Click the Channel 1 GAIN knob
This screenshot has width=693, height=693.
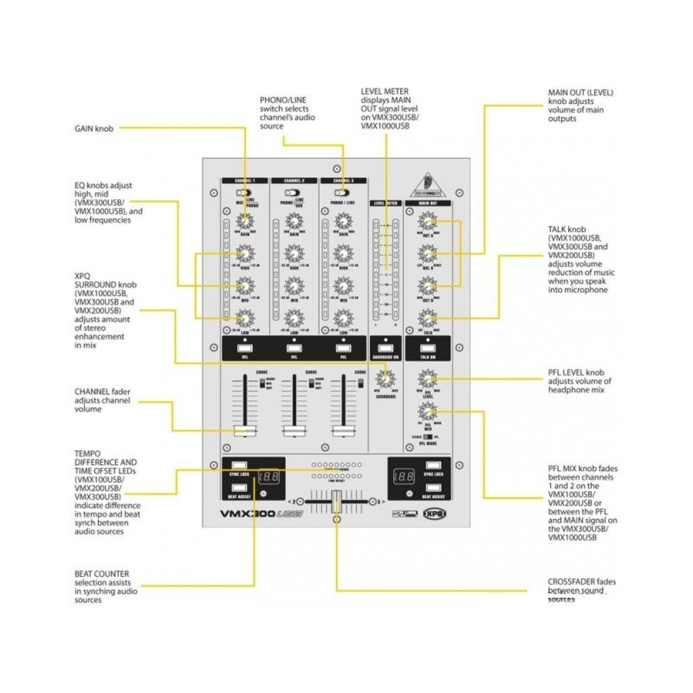(x=244, y=221)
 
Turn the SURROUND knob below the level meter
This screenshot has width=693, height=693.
(x=386, y=379)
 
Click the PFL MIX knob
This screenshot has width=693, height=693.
(x=427, y=411)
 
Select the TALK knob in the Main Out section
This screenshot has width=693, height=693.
(x=427, y=318)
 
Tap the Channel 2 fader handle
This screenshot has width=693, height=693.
(x=294, y=430)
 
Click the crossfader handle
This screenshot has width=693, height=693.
(x=336, y=501)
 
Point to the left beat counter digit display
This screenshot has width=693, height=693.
(x=269, y=477)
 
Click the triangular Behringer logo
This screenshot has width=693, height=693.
(x=428, y=186)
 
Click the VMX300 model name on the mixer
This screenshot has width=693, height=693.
(x=247, y=514)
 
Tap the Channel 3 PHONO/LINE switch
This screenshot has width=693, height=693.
(x=342, y=193)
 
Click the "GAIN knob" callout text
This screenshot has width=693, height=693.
(x=94, y=129)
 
